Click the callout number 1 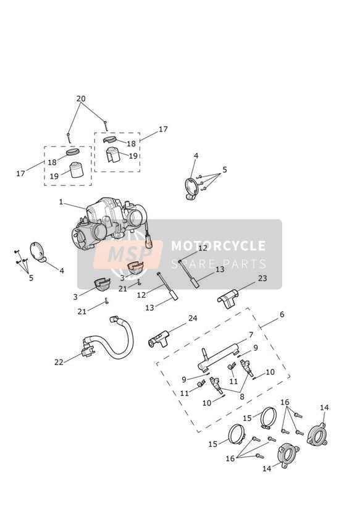pyautogui.click(x=61, y=202)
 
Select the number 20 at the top pyautogui.click(x=81, y=98)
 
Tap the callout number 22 pyautogui.click(x=59, y=362)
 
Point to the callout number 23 pyautogui.click(x=262, y=278)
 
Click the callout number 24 pyautogui.click(x=193, y=318)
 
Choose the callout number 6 pyautogui.click(x=282, y=314)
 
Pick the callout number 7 pyautogui.click(x=251, y=334)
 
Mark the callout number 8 pyautogui.click(x=242, y=397)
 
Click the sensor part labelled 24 pyautogui.click(x=159, y=339)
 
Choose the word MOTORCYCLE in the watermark pyautogui.click(x=218, y=246)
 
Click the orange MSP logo pyautogui.click(x=128, y=254)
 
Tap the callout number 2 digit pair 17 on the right pyautogui.click(x=163, y=129)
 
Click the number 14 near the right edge pyautogui.click(x=324, y=408)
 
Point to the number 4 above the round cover pyautogui.click(x=196, y=156)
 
